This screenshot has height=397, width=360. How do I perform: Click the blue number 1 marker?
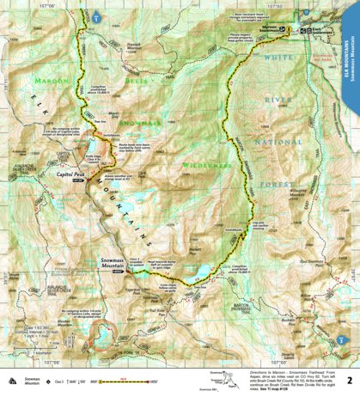click(96, 16)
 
